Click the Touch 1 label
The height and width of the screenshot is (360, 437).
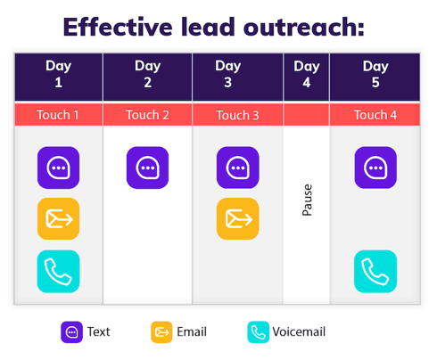click(58, 115)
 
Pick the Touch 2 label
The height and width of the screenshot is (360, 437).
click(147, 115)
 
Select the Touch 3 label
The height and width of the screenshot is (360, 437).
click(238, 115)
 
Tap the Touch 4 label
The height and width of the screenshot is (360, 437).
click(375, 115)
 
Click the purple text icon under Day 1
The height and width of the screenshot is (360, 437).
click(58, 168)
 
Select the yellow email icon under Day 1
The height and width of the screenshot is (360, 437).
click(58, 219)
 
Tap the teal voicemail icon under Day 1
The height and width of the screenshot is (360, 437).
click(58, 272)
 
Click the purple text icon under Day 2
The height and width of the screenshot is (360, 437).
click(147, 168)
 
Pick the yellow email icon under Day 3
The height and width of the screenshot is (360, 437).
click(238, 219)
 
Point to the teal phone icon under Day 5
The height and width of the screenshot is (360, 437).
click(375, 272)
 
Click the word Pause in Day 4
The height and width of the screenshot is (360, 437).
click(308, 201)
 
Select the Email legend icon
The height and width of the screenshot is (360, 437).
click(161, 332)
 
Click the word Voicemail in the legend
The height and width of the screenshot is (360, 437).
click(301, 332)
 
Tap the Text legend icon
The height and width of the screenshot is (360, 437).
click(71, 332)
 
